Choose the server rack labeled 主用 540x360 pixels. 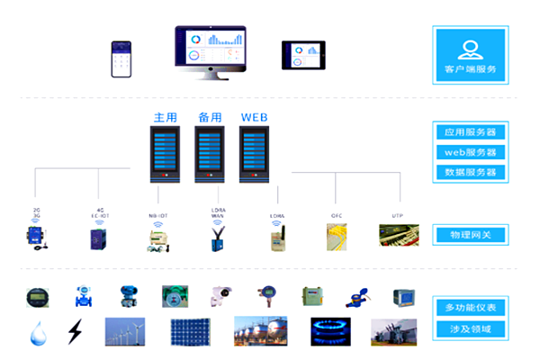click(x=165, y=152)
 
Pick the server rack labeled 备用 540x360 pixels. click(x=209, y=152)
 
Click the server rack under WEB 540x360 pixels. click(x=255, y=152)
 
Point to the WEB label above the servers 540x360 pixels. click(x=255, y=116)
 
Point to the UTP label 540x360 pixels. click(x=397, y=215)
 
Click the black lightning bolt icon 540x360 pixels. click(x=74, y=333)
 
